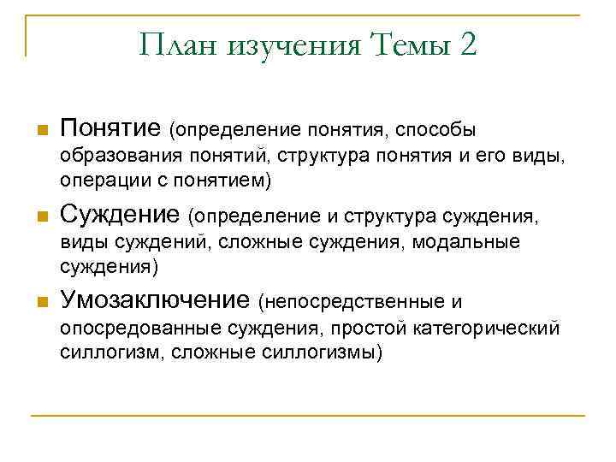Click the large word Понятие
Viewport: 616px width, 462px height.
point(110,128)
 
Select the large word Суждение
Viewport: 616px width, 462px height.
point(119,214)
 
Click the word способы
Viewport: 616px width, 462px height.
point(437,130)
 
